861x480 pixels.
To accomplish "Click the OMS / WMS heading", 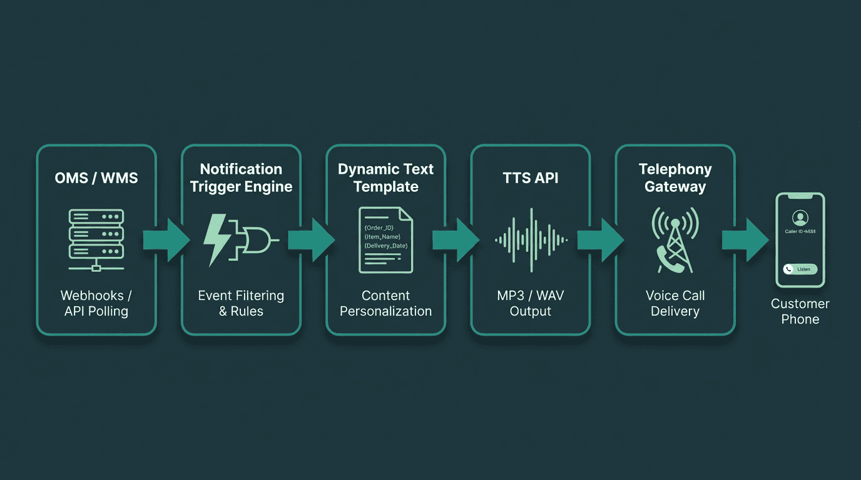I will coord(96,177).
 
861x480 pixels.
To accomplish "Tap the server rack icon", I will coord(96,241).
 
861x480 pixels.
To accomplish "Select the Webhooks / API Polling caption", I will coord(96,303).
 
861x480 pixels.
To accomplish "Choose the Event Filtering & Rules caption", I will coord(241,303).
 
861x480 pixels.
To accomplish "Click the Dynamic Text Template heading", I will coord(385,177).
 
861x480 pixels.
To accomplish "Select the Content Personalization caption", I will coord(385,303).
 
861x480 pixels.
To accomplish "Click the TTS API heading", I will coord(530,177).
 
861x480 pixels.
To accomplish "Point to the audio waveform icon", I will coord(531,240).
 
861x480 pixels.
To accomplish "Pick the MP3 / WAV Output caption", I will coord(530,303).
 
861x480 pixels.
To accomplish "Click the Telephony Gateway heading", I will coord(675,177).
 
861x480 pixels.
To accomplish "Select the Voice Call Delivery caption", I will coord(675,303).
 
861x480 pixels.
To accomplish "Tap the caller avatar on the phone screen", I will coord(800,217).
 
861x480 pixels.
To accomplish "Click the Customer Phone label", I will coord(800,311).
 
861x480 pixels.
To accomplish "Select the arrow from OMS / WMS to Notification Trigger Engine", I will coord(166,239).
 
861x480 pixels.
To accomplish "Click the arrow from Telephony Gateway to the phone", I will coord(745,239).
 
